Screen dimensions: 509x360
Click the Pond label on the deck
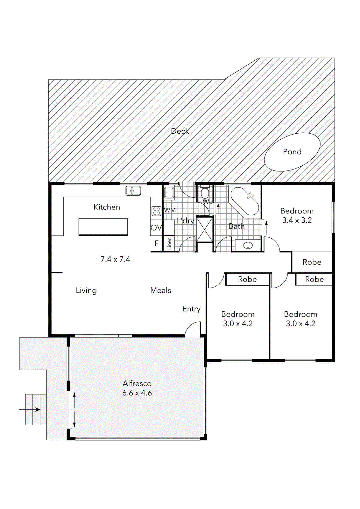(x=292, y=152)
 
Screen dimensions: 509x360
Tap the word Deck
(x=180, y=131)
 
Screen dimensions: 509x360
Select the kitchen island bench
(x=103, y=227)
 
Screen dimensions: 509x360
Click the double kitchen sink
(x=133, y=191)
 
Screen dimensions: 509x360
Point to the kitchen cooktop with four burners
(x=156, y=211)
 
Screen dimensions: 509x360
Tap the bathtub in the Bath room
(x=244, y=201)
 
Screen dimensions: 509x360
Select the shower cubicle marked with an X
(x=204, y=229)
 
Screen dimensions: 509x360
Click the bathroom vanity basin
(x=248, y=246)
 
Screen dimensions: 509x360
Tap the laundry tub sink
(x=169, y=193)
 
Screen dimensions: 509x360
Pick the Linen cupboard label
(x=169, y=243)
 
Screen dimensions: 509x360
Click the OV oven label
(x=156, y=228)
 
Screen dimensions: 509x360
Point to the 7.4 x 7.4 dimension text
(x=115, y=259)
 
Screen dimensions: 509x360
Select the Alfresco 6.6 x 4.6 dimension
(x=137, y=393)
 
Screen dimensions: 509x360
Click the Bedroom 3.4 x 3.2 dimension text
(x=297, y=220)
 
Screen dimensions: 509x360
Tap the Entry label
(x=191, y=309)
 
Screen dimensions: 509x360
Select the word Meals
(x=160, y=290)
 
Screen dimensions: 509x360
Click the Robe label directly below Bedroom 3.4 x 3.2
(x=312, y=262)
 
